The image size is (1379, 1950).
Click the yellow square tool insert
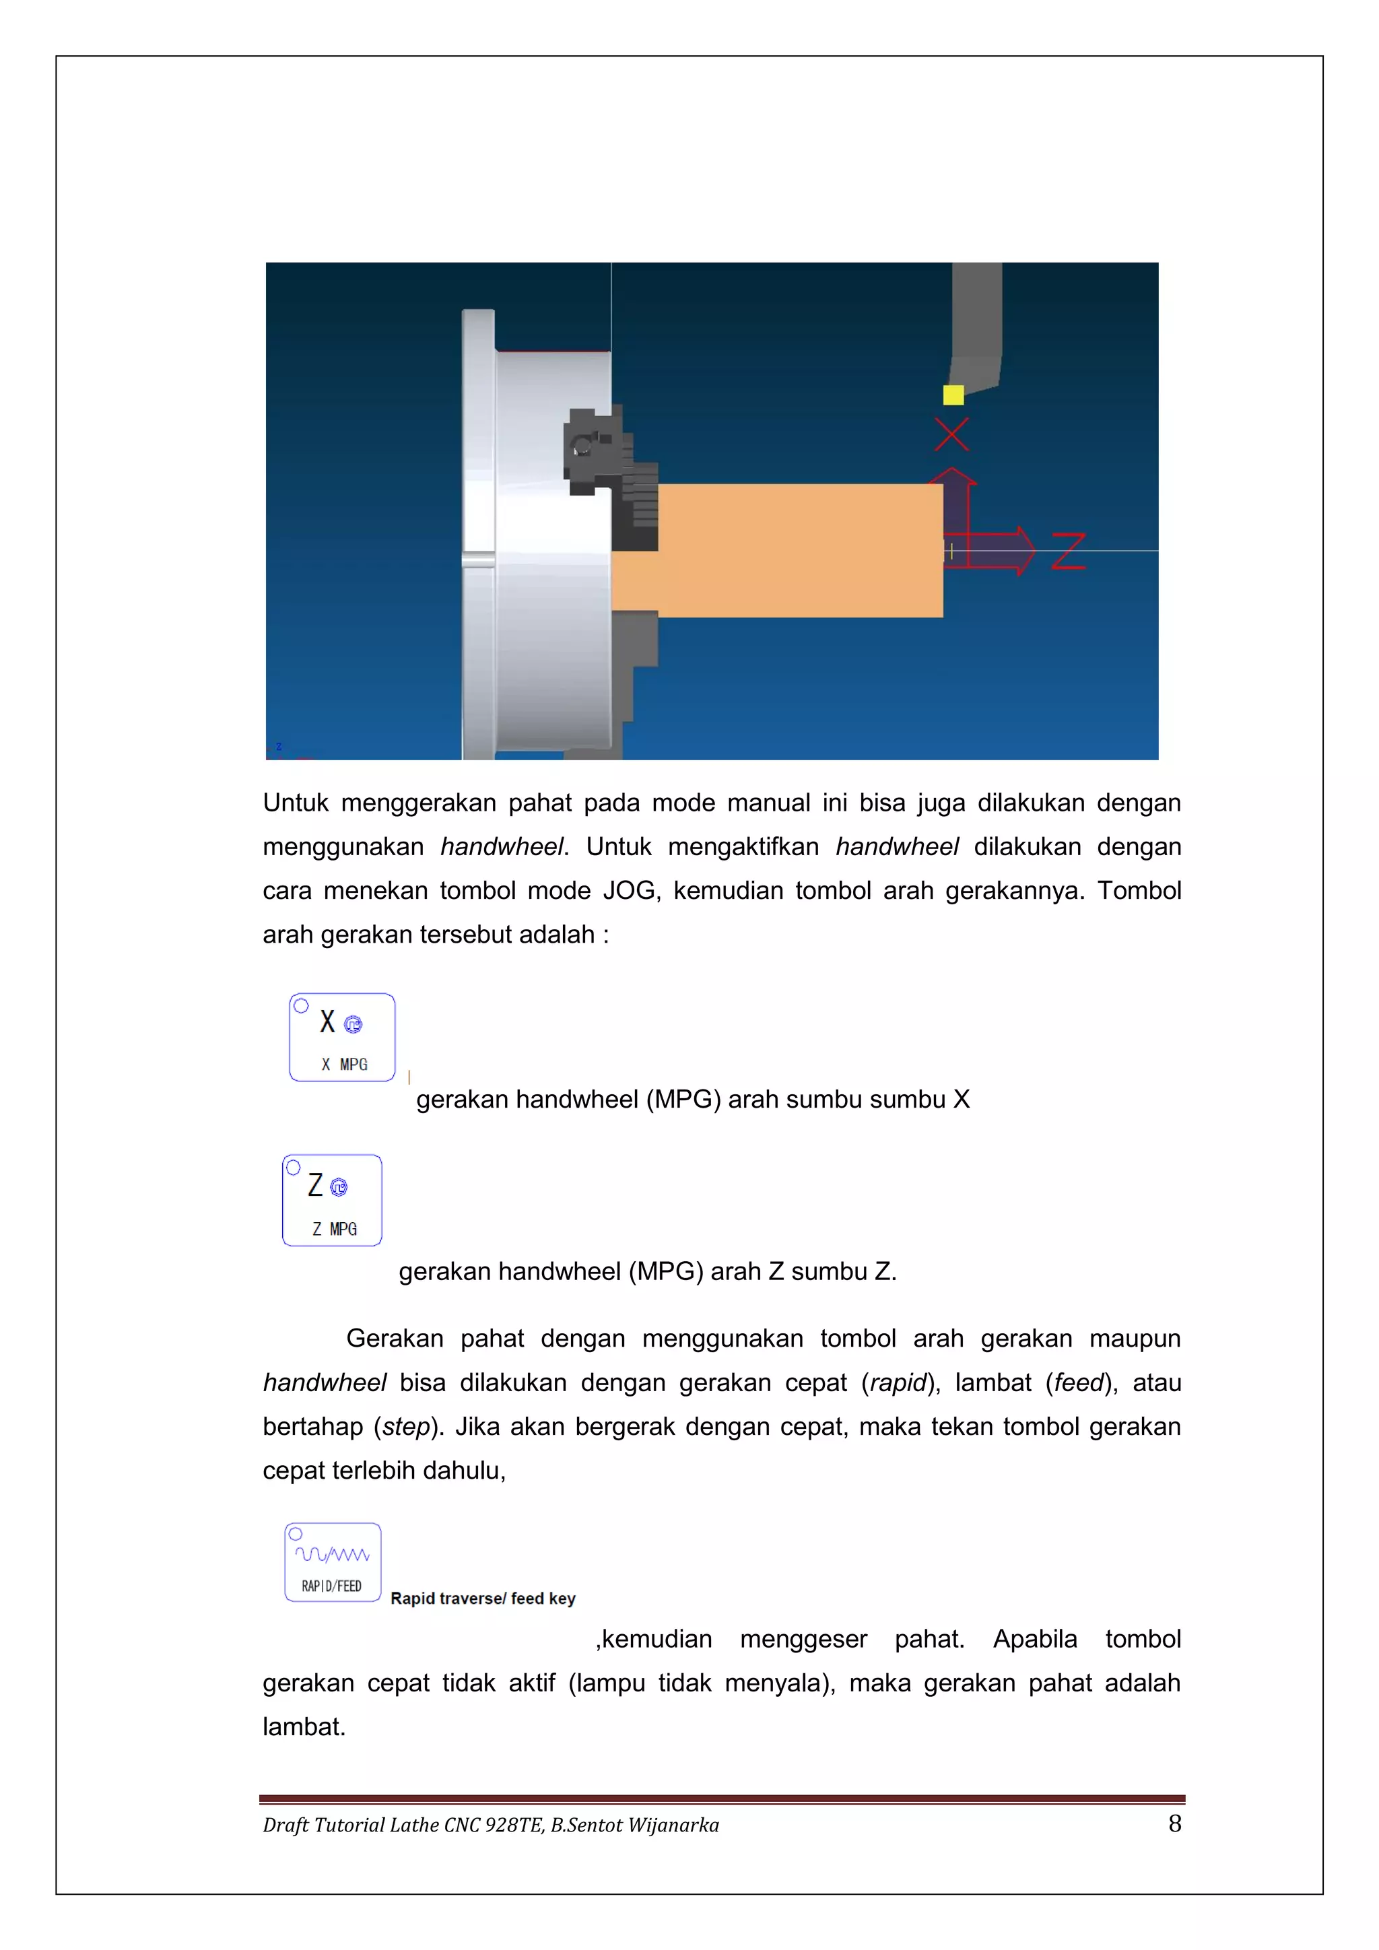tap(953, 395)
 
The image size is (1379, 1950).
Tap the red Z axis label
tap(1068, 551)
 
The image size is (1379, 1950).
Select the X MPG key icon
tap(342, 1037)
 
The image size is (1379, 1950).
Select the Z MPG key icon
tap(332, 1200)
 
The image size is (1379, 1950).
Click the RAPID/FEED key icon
tap(333, 1563)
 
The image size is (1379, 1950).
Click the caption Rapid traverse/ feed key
tap(482, 1599)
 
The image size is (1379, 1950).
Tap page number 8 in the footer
tap(1174, 1823)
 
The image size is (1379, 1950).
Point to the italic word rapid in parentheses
tap(898, 1382)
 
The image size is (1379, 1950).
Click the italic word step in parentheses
tap(406, 1427)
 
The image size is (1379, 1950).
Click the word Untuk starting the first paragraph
tap(296, 803)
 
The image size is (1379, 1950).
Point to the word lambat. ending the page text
tap(304, 1728)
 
